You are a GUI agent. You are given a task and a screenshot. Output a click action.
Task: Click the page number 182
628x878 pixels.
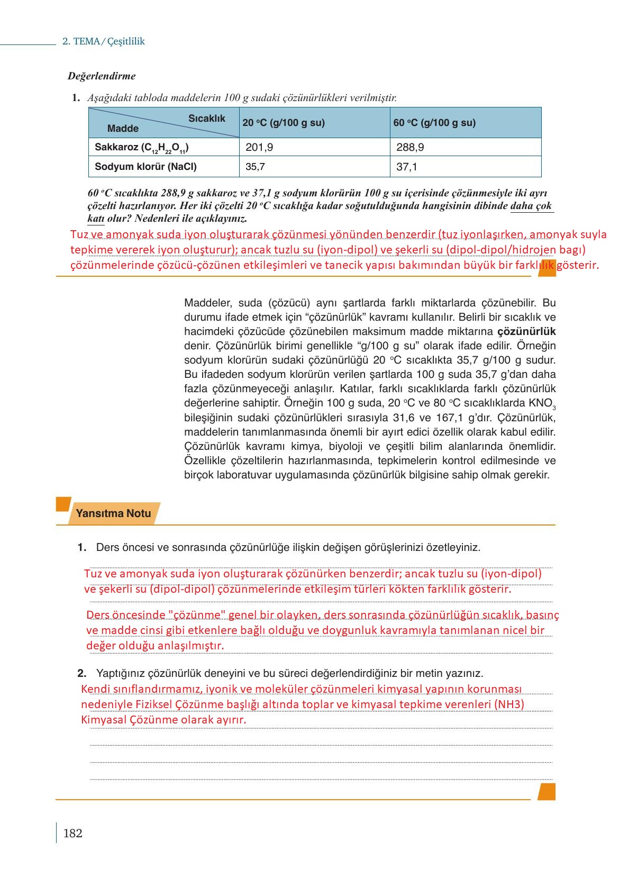72,834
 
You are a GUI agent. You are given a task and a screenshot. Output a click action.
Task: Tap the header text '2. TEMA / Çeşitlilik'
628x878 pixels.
104,41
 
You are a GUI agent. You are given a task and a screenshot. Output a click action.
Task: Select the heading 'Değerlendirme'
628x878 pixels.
102,76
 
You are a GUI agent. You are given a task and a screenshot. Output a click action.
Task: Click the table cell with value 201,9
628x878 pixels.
259,147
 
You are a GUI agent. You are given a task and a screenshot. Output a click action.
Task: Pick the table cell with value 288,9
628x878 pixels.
410,147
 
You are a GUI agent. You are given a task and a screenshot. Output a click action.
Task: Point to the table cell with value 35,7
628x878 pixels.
256,167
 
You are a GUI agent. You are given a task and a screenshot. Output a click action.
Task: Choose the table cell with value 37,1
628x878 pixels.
407,167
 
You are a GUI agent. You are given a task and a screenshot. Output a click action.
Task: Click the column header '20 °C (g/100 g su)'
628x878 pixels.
284,123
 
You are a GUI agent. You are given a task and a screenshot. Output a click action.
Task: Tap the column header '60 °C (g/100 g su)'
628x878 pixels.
434,123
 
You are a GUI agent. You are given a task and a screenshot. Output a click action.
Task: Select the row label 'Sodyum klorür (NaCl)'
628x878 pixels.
145,167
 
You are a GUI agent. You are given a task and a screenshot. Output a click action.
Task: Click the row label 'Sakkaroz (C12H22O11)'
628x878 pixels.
142,147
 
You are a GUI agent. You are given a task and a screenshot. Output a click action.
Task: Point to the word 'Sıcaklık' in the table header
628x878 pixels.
207,119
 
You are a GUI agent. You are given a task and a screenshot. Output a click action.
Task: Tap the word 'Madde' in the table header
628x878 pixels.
123,129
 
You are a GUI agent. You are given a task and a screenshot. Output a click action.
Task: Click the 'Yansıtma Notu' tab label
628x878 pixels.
113,513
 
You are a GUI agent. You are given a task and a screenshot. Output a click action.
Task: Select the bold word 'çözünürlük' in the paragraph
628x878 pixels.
526,332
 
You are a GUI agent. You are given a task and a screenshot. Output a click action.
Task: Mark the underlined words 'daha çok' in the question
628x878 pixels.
531,206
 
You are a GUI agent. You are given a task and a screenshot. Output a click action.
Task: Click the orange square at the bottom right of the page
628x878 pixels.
547,792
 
